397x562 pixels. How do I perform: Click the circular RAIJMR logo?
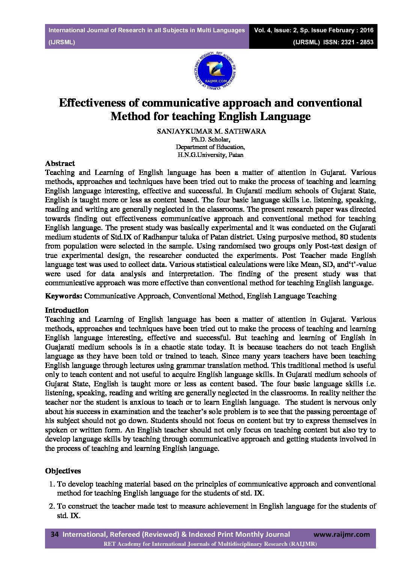215,71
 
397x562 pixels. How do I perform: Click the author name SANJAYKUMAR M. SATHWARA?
211,131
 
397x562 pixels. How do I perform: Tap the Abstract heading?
60,163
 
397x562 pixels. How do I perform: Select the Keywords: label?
63,296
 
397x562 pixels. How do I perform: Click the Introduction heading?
67,310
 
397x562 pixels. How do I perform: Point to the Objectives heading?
63,471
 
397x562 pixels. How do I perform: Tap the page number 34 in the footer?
54,534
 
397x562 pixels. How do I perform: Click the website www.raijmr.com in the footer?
341,534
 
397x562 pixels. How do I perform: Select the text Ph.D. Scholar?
211,140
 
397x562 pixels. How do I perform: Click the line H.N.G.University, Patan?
210,155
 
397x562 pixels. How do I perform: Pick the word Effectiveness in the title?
92,103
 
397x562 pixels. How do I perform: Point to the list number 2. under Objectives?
52,506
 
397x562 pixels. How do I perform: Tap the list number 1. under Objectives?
52,484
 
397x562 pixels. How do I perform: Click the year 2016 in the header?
366,30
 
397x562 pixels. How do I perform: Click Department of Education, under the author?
210,147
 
